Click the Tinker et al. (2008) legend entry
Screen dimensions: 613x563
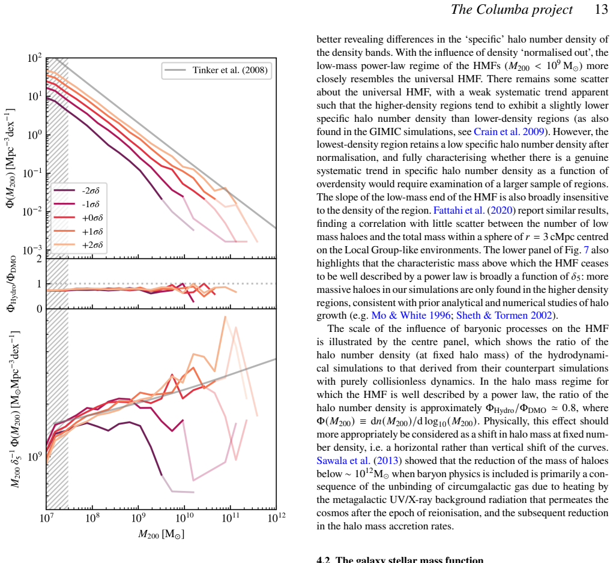point(217,70)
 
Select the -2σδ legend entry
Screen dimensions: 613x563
point(77,191)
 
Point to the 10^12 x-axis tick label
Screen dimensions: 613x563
point(276,518)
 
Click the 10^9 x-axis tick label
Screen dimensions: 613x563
point(138,518)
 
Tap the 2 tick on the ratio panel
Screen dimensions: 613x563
point(38,259)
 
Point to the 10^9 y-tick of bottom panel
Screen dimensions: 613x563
point(34,456)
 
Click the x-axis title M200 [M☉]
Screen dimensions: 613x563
point(161,534)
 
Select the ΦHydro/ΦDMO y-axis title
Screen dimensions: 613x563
point(12,284)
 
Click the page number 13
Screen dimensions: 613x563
point(601,10)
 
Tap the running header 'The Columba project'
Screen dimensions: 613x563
point(512,10)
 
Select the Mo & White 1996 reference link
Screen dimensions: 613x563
point(411,315)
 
